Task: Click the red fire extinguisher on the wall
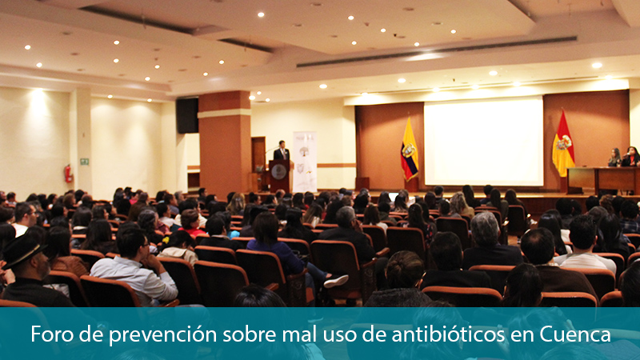pyautogui.click(x=68, y=174)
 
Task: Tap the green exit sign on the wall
pyautogui.click(x=85, y=162)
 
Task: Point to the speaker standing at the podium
pyautogui.click(x=282, y=151)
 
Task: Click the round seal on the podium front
pyautogui.click(x=278, y=172)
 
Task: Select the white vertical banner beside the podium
pyautogui.click(x=305, y=162)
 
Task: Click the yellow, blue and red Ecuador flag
pyautogui.click(x=409, y=150)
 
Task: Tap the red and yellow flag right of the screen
pyautogui.click(x=563, y=144)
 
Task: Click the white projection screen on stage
pyautogui.click(x=484, y=142)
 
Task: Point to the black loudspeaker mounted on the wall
pyautogui.click(x=187, y=115)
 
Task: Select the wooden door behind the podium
pyautogui.click(x=258, y=154)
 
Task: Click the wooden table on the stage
pyautogui.click(x=603, y=179)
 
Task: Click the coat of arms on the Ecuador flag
pyautogui.click(x=408, y=150)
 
